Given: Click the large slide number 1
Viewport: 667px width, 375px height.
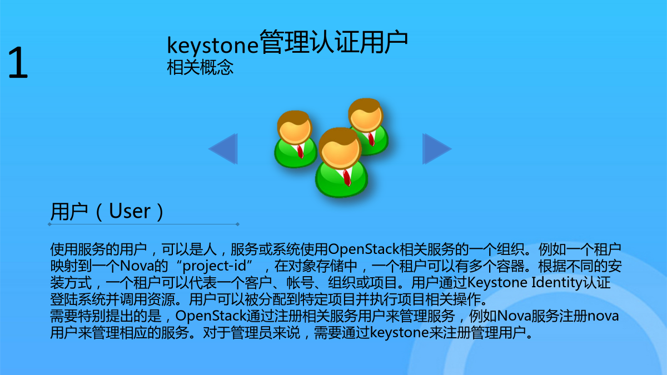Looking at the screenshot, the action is pos(18,62).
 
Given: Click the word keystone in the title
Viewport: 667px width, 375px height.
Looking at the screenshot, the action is pos(212,45).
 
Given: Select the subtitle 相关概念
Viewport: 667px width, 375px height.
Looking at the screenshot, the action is pos(200,67).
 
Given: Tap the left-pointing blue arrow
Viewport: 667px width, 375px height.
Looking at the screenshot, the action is pos(223,149).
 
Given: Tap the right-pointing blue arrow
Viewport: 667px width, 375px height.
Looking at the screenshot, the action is pos(437,149).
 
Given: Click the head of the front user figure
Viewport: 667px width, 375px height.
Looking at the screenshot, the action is pos(340,148).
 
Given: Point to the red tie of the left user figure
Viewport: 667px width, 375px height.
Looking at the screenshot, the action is pos(300,152).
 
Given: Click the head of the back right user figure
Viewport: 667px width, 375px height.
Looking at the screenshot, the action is pos(366,115).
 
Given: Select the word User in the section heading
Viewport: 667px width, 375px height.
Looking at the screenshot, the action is pos(130,211).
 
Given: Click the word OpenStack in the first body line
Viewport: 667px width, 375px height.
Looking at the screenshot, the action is pos(364,249).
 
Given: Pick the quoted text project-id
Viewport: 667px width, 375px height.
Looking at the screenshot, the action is pos(215,266).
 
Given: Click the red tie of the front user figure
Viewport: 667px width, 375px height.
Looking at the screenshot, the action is pos(347,178).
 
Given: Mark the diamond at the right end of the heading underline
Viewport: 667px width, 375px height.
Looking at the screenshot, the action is pos(238,224).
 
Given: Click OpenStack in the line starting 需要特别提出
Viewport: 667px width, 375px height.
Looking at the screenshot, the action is pos(211,316).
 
